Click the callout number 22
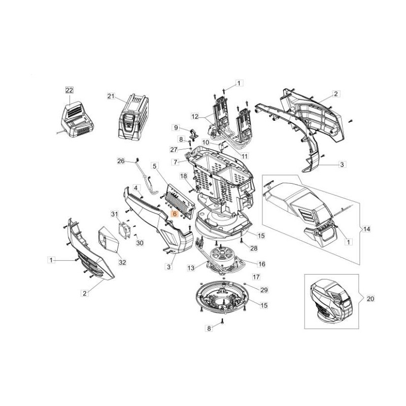click(x=70, y=90)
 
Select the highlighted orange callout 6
click(x=175, y=214)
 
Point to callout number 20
click(x=370, y=299)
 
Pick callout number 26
click(x=121, y=161)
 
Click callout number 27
click(x=174, y=149)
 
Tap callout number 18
click(x=184, y=175)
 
